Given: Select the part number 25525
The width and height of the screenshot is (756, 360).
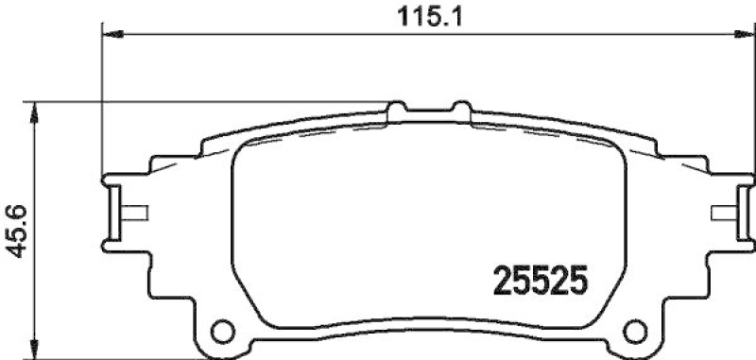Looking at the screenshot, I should [x=541, y=281].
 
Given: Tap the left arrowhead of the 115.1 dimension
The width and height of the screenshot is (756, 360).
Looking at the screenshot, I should [x=111, y=35].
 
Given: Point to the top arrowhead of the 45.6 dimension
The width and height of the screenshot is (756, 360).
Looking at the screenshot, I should [x=35, y=110].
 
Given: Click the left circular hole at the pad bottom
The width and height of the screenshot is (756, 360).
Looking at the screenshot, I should [x=222, y=331].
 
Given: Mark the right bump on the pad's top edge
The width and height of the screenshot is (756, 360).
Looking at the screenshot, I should [x=462, y=110].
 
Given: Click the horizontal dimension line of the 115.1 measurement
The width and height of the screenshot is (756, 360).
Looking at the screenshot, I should [x=283, y=35].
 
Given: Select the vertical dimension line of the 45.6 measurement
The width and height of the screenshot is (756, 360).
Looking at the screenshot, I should [x=35, y=283].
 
